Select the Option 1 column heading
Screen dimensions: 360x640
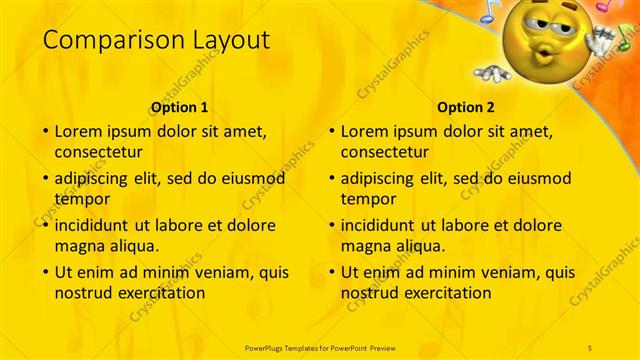(x=179, y=107)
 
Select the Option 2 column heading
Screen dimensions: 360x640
(x=466, y=107)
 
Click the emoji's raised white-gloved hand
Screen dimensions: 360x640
(x=600, y=40)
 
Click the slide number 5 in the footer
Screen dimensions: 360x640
(x=590, y=347)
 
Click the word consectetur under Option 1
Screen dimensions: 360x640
(x=98, y=153)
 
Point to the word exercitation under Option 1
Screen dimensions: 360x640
(x=160, y=293)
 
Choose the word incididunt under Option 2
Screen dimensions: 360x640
(x=379, y=224)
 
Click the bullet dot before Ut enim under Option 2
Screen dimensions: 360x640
(x=332, y=272)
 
